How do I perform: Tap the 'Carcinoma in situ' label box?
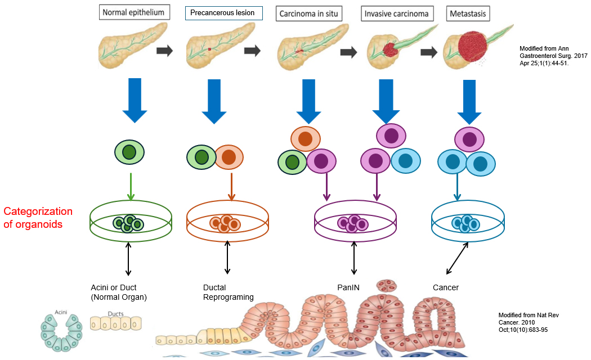[x=310, y=13]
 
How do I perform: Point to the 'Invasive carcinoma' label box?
[x=397, y=13]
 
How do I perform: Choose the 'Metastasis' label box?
[x=468, y=13]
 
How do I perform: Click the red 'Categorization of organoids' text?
[x=38, y=218]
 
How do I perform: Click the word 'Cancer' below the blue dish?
[x=446, y=287]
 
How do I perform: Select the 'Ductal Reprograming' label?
[x=228, y=292]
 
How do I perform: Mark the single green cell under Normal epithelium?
[x=130, y=152]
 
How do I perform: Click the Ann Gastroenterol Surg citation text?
[x=544, y=56]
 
